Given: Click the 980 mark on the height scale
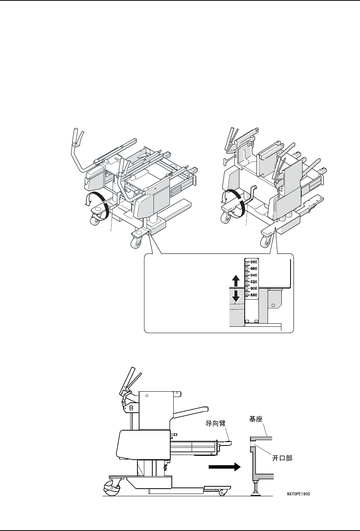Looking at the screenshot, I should pyautogui.click(x=254, y=262).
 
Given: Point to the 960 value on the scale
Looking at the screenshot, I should pyautogui.click(x=254, y=269).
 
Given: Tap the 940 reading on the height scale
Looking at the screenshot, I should pyautogui.click(x=254, y=275).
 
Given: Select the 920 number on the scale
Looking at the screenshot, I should pyautogui.click(x=254, y=282).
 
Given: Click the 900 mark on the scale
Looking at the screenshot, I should pyautogui.click(x=254, y=288).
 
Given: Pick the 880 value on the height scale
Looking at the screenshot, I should pyautogui.click(x=254, y=295).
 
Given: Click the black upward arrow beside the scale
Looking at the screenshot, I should pyautogui.click(x=236, y=281).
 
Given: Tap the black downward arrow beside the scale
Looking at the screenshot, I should pyautogui.click(x=236, y=295).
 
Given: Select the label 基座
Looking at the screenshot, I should pyautogui.click(x=255, y=419).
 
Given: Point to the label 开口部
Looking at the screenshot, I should pyautogui.click(x=282, y=458).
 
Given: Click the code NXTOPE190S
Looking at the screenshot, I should pyautogui.click(x=301, y=494).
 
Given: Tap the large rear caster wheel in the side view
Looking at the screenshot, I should pyautogui.click(x=110, y=488).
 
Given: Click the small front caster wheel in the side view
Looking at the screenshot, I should pyautogui.click(x=222, y=493).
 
